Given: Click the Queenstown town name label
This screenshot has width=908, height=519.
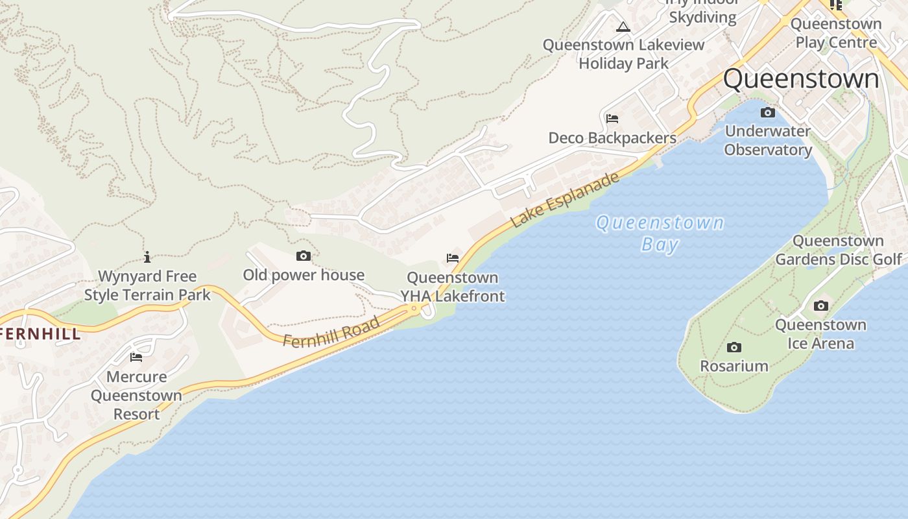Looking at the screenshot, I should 801,79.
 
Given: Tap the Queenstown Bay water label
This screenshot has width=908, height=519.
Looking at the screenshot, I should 660,234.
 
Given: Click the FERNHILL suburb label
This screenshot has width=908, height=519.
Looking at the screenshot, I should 40,334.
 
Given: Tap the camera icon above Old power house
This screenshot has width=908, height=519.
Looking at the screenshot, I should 303,256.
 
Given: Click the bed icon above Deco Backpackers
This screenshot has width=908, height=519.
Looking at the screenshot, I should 612,119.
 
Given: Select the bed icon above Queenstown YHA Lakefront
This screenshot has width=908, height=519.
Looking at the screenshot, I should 453,258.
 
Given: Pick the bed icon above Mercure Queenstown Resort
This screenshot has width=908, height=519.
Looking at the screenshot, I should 136,357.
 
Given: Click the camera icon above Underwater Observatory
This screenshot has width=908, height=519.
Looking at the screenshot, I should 767,113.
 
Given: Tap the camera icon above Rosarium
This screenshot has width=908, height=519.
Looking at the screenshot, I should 734,347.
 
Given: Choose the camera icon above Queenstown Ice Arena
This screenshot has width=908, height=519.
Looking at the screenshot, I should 820,306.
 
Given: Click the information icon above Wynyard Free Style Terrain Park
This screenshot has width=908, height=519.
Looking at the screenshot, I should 147,257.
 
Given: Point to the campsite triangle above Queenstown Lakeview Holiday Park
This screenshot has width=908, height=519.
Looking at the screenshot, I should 623,27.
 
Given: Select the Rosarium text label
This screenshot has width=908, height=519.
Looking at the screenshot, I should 734,366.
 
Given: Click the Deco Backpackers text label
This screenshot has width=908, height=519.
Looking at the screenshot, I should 612,138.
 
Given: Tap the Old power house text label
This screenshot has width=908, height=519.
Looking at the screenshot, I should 304,275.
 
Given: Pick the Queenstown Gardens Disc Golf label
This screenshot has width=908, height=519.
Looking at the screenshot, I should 839,250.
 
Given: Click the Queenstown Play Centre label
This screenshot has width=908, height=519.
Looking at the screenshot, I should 836,33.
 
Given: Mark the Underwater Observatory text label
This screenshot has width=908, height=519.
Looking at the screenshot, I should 768,140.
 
